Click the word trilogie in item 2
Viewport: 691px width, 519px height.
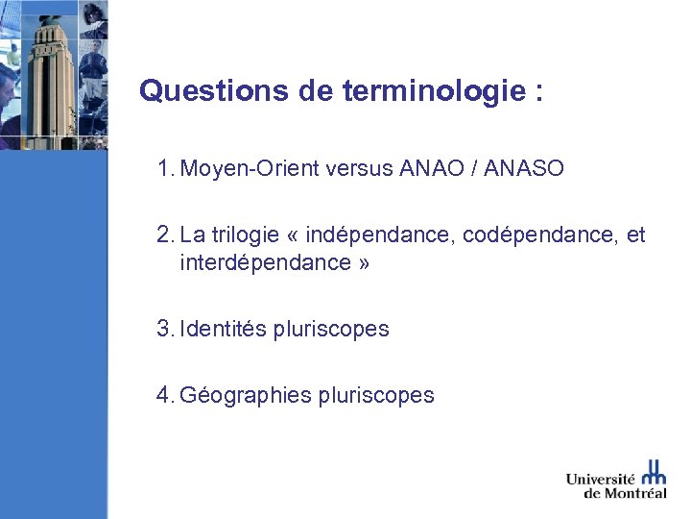[249, 235]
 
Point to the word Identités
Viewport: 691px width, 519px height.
[224, 329]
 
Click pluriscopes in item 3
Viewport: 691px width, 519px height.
[331, 329]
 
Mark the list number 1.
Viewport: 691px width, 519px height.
[163, 169]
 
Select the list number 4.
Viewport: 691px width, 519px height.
[163, 395]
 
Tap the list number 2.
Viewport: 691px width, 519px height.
[163, 235]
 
